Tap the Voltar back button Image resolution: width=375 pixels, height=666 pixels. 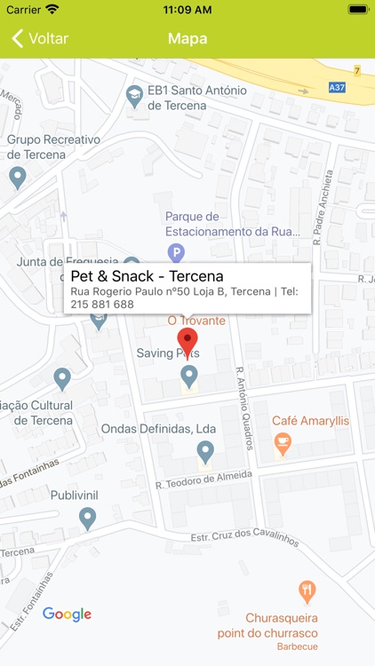coord(40,38)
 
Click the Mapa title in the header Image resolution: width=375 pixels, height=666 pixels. coord(187,38)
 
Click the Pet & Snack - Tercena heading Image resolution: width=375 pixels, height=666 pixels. coord(147,276)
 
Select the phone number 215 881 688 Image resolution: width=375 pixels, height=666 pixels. coord(102,304)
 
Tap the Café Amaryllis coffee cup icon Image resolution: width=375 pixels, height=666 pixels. coord(282,441)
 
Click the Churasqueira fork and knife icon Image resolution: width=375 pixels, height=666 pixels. coord(307,591)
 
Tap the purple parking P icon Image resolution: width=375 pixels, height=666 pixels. coord(177,253)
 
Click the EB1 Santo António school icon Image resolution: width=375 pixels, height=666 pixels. coord(134,94)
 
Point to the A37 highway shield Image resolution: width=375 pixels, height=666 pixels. coord(337,87)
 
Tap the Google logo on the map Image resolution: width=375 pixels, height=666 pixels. coord(68,614)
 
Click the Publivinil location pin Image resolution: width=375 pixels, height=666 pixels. coord(87,517)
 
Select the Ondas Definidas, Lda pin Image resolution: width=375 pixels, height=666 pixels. coord(205,452)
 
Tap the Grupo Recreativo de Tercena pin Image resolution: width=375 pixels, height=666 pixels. coord(17,177)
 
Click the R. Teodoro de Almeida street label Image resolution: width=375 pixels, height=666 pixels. coord(203,480)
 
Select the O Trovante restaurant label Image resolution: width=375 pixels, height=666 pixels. coord(196,321)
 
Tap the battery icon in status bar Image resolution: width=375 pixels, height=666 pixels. coord(358,9)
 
